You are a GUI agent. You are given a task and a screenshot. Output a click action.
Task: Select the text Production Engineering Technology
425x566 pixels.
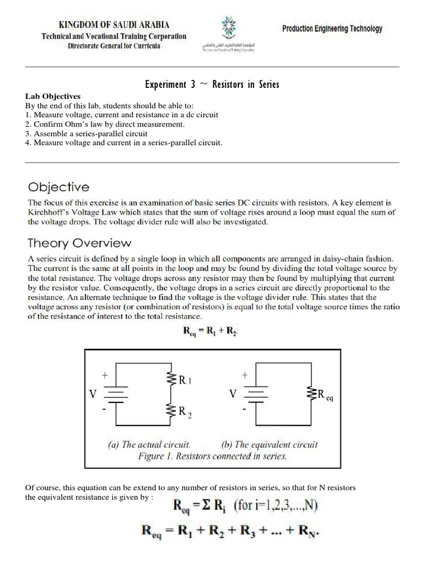[x=332, y=29]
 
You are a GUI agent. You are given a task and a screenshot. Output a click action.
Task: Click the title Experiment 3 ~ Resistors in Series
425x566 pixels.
[x=212, y=85]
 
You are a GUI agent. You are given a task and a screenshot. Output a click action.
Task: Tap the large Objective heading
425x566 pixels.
[x=57, y=187]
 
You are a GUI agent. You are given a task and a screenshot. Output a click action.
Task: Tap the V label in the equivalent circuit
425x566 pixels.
[x=234, y=394]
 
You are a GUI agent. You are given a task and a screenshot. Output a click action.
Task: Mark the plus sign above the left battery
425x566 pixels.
[x=103, y=375]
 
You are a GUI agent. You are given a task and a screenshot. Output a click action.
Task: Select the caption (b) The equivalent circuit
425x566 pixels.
[x=269, y=444]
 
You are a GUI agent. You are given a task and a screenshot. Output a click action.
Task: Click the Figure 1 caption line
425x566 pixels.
[x=212, y=456]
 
